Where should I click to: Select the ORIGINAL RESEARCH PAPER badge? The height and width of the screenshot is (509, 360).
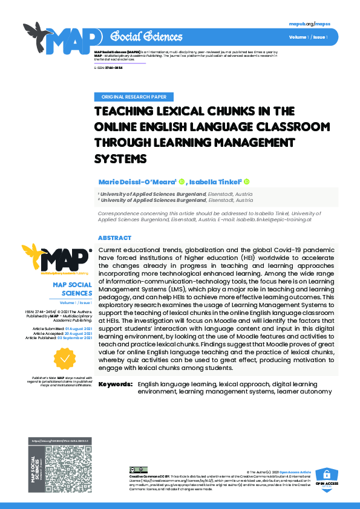[x=134, y=97]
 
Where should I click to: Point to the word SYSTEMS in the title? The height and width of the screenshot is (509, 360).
[x=122, y=158]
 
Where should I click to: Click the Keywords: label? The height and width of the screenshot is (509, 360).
[x=116, y=384]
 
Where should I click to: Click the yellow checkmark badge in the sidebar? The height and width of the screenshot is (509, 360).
[x=64, y=358]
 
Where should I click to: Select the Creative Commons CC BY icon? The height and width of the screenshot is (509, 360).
[x=139, y=469]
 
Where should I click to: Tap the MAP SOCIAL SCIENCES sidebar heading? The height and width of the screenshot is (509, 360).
[x=71, y=288]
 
